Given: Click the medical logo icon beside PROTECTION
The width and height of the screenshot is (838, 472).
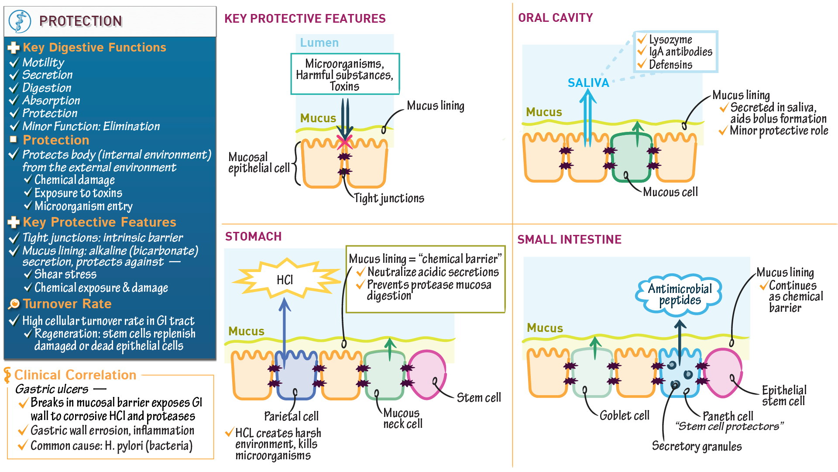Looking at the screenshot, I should click(20, 21).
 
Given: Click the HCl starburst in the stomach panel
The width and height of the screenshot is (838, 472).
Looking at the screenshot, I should click(285, 279).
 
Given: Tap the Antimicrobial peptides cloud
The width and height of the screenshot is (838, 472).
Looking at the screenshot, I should click(680, 294).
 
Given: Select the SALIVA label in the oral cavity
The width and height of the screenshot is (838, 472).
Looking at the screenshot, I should click(588, 83).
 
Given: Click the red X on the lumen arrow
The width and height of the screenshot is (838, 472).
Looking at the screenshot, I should click(344, 142).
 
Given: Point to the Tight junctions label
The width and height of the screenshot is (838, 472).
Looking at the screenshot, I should click(388, 198).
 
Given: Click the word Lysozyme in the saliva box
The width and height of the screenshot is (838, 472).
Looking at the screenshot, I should click(670, 40).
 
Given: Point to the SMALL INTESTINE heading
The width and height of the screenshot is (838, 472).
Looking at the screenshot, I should click(569, 239).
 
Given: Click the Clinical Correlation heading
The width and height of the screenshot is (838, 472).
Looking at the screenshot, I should click(75, 375).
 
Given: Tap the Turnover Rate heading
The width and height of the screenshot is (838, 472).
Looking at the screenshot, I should click(67, 303).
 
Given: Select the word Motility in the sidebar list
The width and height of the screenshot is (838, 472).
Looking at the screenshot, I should click(43, 62).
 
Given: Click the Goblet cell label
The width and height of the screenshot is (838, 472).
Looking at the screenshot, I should click(624, 415).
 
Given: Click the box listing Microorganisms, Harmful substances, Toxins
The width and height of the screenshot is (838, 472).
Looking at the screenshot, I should click(345, 74).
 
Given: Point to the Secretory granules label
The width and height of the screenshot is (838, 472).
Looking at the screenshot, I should click(697, 446).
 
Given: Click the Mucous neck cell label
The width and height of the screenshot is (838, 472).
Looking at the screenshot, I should click(402, 418).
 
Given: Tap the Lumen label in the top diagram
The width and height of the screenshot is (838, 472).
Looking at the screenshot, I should click(319, 43).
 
